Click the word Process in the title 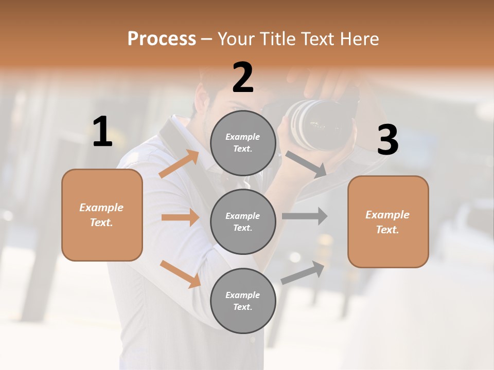tap(162, 39)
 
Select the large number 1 tap(102, 132)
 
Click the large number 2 tap(243, 78)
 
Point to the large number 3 tap(387, 140)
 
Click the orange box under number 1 tap(102, 215)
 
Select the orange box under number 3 tap(388, 222)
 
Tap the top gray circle tap(243, 143)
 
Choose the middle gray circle tap(243, 222)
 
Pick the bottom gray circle tap(243, 301)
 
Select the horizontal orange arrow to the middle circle tap(180, 217)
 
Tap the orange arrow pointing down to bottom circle tap(180, 274)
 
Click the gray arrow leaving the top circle tap(306, 164)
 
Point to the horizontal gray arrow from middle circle tap(305, 216)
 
